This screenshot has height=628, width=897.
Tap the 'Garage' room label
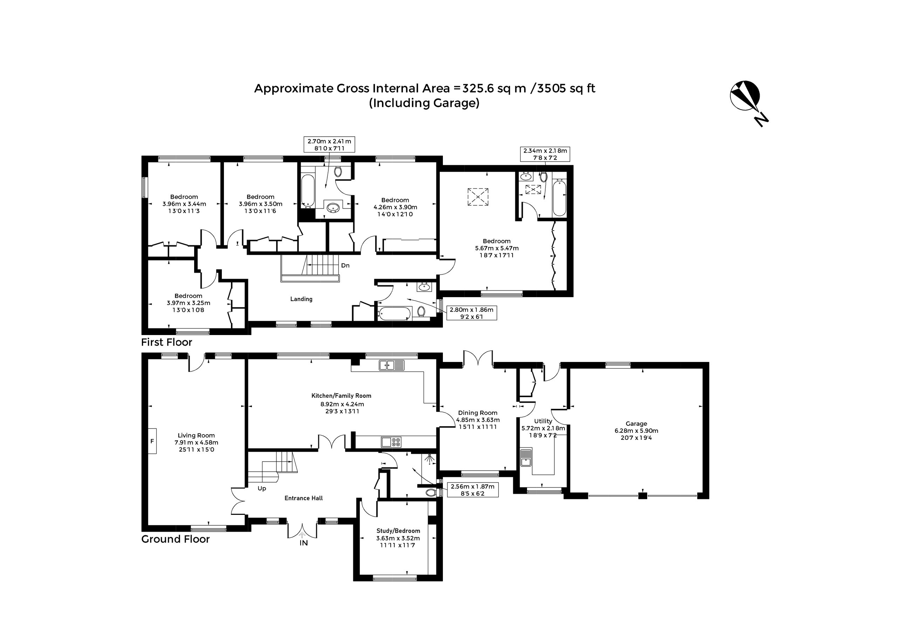636,424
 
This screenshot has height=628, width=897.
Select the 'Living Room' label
196,435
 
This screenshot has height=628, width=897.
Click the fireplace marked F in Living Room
152,441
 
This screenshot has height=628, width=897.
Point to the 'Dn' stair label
345,265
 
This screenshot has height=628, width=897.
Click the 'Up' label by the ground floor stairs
262,489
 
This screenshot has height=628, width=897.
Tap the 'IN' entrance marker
303,543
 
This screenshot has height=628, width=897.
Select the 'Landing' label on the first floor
301,299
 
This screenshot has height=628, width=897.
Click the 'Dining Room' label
478,413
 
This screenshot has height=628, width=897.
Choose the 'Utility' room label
543,421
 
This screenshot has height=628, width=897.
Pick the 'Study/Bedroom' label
398,531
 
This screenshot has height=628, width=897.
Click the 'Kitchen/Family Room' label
341,396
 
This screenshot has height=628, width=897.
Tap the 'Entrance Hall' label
303,498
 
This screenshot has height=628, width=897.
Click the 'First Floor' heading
167,342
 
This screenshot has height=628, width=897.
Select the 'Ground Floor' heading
176,539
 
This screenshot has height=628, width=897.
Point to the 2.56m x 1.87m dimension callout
473,490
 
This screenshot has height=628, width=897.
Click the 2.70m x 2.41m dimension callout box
329,145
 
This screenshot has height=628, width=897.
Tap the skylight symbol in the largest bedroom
478,197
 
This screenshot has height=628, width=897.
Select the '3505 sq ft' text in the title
567,88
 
